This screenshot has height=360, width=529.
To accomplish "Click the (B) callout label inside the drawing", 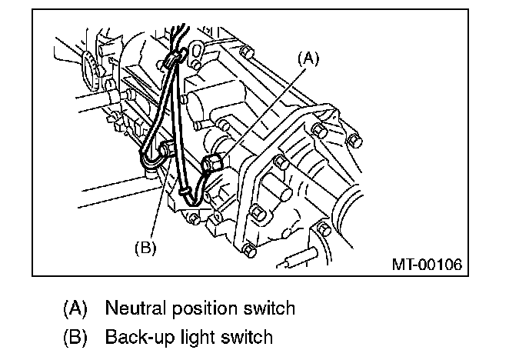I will click(x=145, y=247).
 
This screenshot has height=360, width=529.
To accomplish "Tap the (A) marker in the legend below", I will click(x=75, y=309).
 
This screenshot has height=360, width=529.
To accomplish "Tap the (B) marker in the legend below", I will click(x=75, y=337).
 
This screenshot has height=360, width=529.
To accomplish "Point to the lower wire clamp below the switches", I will click(x=185, y=189).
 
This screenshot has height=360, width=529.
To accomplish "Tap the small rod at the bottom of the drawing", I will click(x=296, y=259).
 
